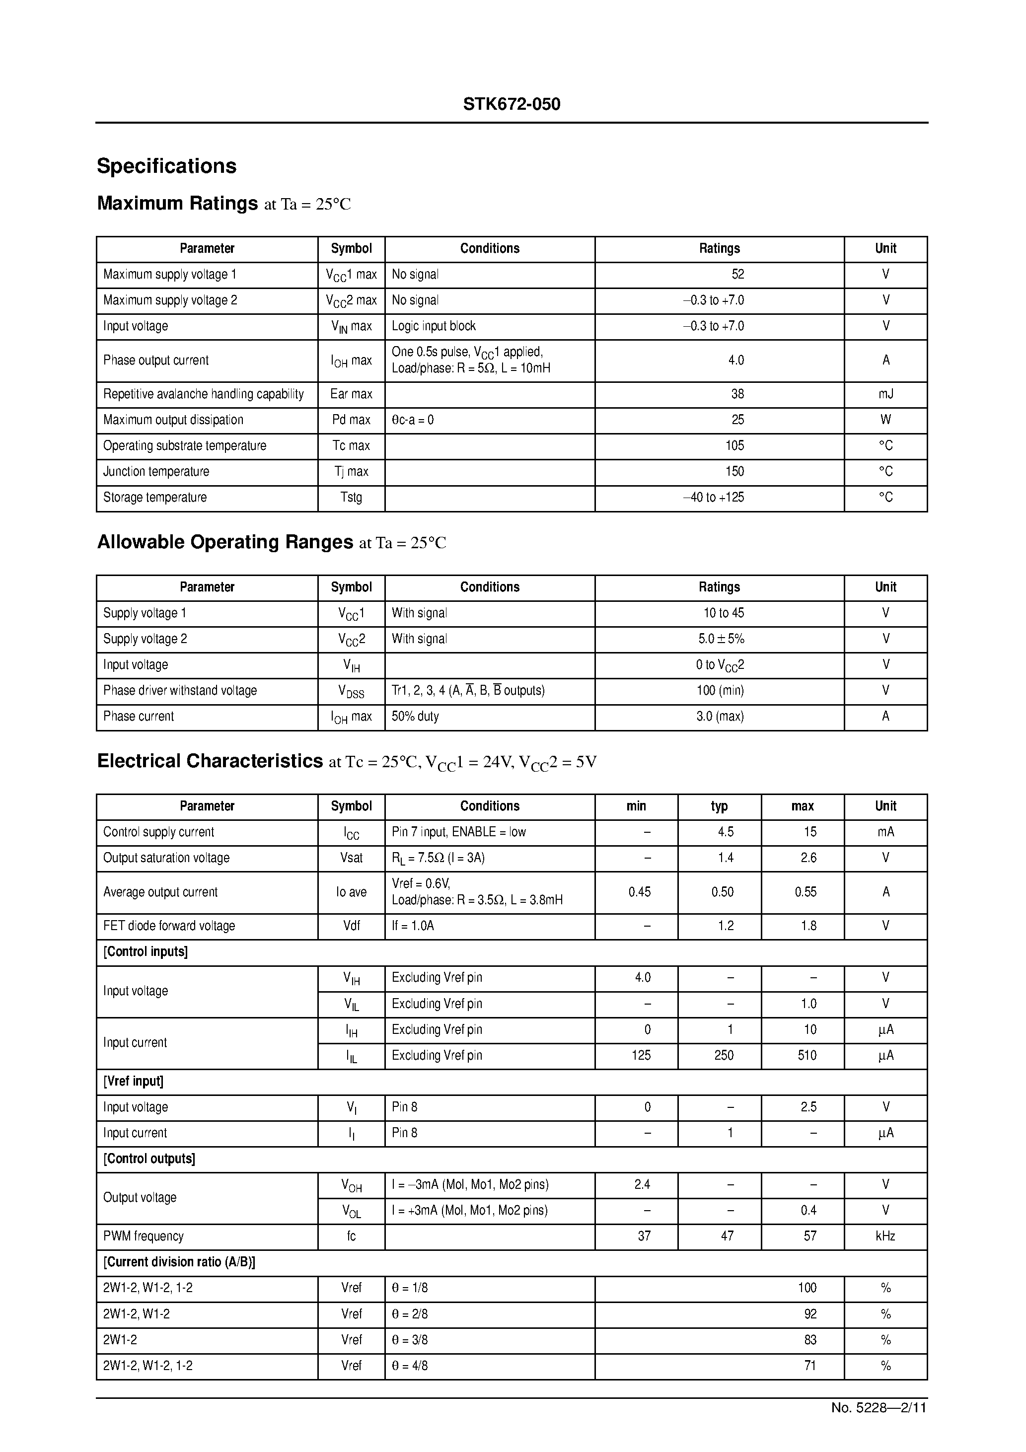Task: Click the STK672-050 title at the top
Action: [x=511, y=104]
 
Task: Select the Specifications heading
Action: [x=166, y=166]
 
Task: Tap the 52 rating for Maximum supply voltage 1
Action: [x=737, y=275]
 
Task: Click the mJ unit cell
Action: [x=885, y=394]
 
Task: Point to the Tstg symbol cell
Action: [x=351, y=498]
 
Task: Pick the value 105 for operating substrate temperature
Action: [x=734, y=446]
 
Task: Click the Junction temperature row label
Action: [x=156, y=472]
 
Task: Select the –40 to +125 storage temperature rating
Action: [x=714, y=498]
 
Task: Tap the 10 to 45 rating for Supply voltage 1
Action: [x=724, y=613]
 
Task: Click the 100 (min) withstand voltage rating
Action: [x=720, y=691]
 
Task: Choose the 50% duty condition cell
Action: [x=415, y=717]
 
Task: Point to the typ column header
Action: [x=719, y=806]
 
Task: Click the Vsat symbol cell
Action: [x=351, y=858]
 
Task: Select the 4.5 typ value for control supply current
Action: [x=726, y=832]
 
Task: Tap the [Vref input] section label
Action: [x=134, y=1082]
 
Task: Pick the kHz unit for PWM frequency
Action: [x=885, y=1236]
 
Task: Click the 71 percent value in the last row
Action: [x=809, y=1366]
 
